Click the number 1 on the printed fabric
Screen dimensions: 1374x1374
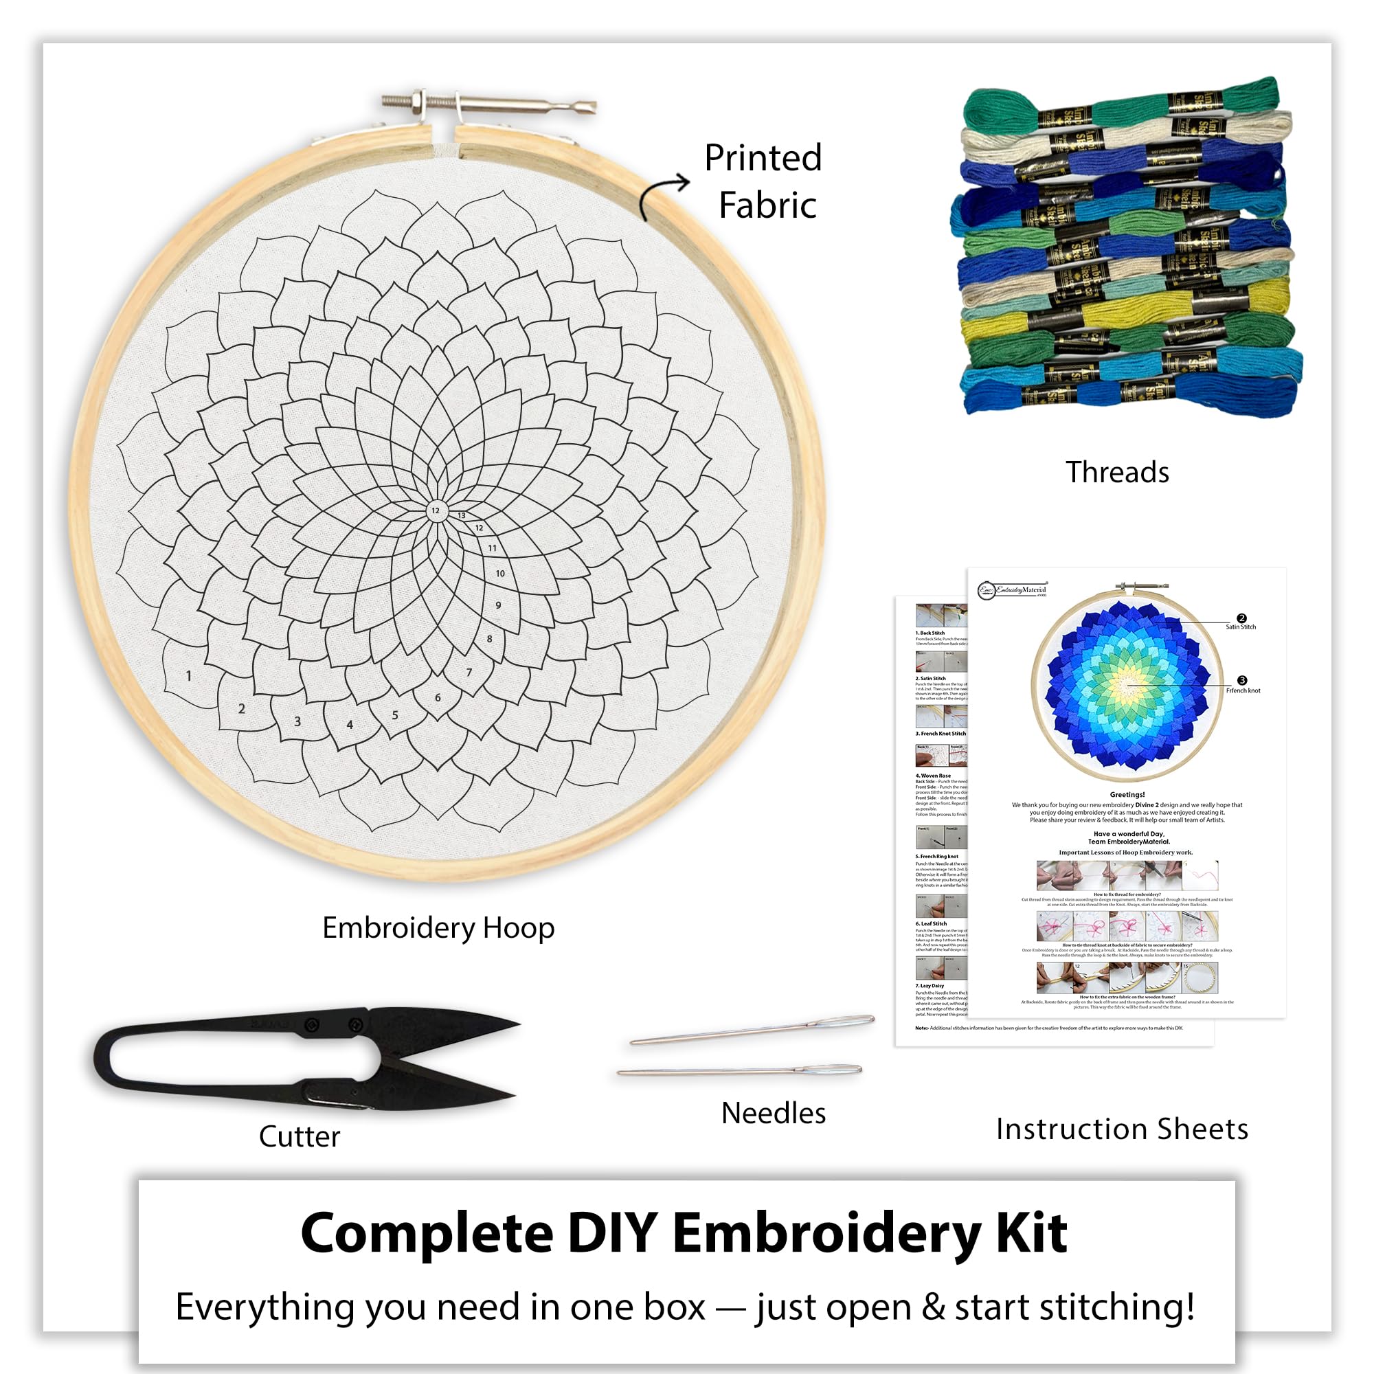pos(188,675)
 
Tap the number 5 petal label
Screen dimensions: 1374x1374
pos(395,714)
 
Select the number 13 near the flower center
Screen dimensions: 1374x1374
pos(462,515)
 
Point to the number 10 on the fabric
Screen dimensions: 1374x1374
pos(500,573)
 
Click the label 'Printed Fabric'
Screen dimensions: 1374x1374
pos(763,181)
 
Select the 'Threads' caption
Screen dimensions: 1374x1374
pos(1116,472)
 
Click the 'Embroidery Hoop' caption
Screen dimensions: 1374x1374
pos(438,928)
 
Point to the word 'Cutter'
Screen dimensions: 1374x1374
pos(300,1136)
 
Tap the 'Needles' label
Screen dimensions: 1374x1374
pos(773,1113)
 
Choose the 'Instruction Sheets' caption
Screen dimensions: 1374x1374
pos(1122,1129)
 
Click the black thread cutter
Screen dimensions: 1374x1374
pos(306,1057)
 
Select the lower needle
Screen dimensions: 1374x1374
pos(740,1070)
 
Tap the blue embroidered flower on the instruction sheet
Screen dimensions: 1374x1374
pos(1127,686)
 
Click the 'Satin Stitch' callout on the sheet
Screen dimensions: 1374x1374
pos(1240,627)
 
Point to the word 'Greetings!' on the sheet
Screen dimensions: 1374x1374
pos(1127,794)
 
